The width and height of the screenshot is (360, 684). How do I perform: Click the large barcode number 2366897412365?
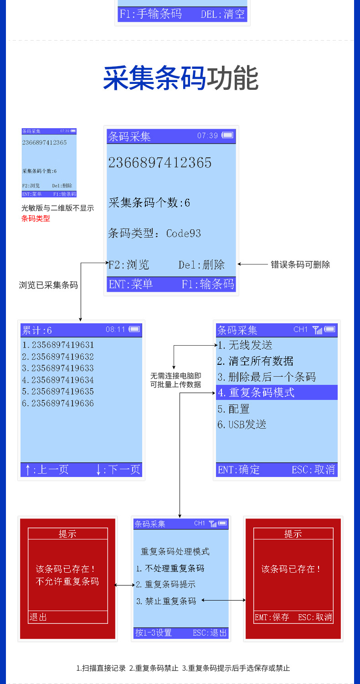pyautogui.click(x=160, y=163)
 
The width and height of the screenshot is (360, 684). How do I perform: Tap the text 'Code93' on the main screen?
pyautogui.click(x=183, y=233)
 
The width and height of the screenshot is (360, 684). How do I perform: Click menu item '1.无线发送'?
pyautogui.click(x=245, y=345)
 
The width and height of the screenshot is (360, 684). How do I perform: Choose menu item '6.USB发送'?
pyautogui.click(x=242, y=425)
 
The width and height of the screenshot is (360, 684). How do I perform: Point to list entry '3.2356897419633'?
pyautogui.click(x=58, y=368)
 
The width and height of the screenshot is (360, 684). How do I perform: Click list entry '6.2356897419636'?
pyautogui.click(x=58, y=403)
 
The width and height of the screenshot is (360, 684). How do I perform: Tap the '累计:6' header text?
pyautogui.click(x=37, y=330)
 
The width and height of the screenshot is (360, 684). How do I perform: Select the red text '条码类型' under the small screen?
pyautogui.click(x=36, y=218)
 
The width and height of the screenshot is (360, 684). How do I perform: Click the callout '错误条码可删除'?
pyautogui.click(x=300, y=264)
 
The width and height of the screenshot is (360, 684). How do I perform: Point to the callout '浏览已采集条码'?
pyautogui.click(x=48, y=285)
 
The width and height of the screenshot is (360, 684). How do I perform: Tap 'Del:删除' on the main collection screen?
pyautogui.click(x=201, y=265)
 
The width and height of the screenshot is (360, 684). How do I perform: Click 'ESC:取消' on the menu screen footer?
pyautogui.click(x=314, y=470)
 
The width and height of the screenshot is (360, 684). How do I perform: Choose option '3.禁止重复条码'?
pyautogui.click(x=166, y=601)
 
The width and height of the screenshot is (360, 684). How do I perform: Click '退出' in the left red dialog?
pyautogui.click(x=39, y=617)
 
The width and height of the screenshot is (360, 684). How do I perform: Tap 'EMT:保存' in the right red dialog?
pyautogui.click(x=272, y=617)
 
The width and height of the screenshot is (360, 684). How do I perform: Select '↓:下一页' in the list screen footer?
pyautogui.click(x=118, y=470)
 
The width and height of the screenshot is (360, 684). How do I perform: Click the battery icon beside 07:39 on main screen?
pyautogui.click(x=227, y=135)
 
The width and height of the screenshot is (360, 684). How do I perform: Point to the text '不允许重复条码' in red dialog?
pyautogui.click(x=67, y=581)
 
